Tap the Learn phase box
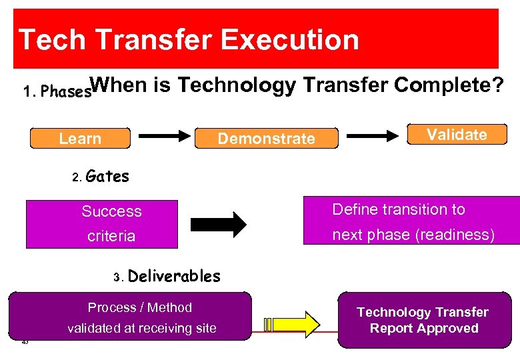click(x=80, y=139)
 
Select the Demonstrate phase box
click(x=266, y=139)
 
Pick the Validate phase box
click(x=457, y=135)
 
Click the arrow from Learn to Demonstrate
click(x=164, y=135)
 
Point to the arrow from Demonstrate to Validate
click(x=373, y=136)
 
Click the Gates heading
click(x=107, y=177)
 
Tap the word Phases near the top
click(x=65, y=92)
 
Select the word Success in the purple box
click(x=111, y=212)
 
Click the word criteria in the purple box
click(x=111, y=236)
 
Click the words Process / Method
click(x=139, y=307)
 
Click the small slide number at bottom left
click(x=25, y=342)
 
